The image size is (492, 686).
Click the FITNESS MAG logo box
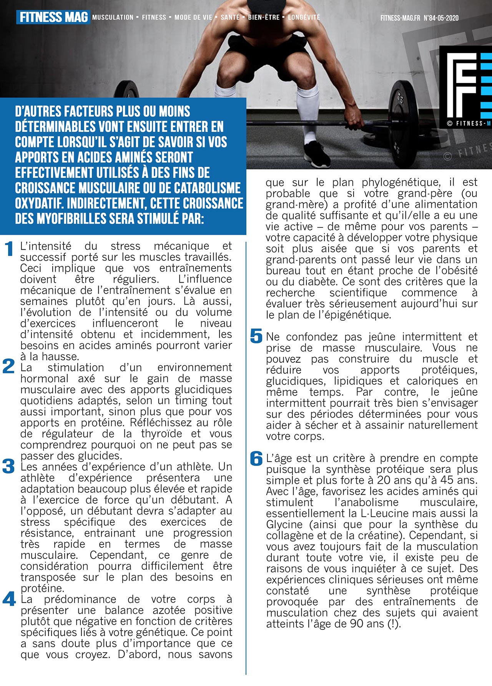coord(53,17)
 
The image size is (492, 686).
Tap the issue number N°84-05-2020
coord(441,18)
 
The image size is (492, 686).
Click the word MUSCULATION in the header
coord(113,17)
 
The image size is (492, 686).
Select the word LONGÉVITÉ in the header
coord(304,17)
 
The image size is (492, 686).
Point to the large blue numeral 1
coord(10,249)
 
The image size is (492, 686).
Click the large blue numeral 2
coord(9,366)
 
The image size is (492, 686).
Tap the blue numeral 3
coord(8,466)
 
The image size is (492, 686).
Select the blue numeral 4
coord(9,599)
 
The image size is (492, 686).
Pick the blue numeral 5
coord(256,336)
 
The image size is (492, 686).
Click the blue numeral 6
coord(256,458)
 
